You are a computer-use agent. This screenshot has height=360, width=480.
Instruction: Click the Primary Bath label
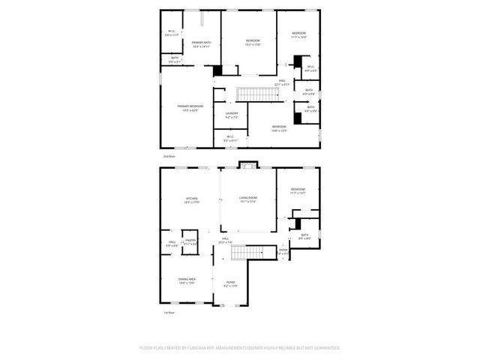tap(199, 44)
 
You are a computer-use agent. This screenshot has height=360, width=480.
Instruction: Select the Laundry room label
tap(232, 115)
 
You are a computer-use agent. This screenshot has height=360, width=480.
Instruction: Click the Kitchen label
tap(192, 199)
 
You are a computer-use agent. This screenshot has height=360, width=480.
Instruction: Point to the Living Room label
tap(247, 199)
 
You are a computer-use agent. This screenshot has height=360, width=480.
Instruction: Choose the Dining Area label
tap(187, 280)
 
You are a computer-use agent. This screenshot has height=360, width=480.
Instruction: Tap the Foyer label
tap(230, 283)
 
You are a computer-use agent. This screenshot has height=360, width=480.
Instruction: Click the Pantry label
tap(190, 241)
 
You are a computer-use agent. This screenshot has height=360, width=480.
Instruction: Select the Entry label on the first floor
tap(283, 251)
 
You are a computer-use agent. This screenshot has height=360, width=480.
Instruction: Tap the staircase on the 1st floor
tap(247, 252)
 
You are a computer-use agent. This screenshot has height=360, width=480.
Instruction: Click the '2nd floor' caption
tap(169, 156)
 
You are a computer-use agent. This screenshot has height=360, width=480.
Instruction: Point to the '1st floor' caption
tap(169, 312)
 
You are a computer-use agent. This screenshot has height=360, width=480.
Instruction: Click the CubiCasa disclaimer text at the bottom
tap(240, 348)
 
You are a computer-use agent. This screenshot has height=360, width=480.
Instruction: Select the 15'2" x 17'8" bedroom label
tap(252, 42)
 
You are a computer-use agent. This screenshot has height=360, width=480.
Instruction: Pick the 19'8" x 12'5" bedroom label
tap(279, 128)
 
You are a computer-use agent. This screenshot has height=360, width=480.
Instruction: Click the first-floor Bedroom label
tap(298, 190)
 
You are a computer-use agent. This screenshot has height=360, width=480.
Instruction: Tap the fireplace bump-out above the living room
tap(247, 165)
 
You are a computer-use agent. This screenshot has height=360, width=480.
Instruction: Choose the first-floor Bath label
tap(304, 236)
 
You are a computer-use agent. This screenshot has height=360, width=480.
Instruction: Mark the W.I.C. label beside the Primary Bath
tap(172, 32)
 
